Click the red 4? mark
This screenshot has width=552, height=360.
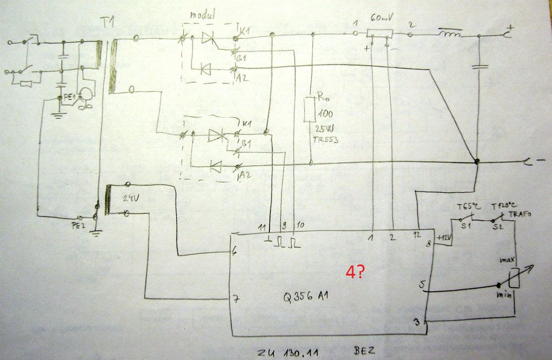pyautogui.click(x=354, y=272)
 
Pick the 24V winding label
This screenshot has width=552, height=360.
pyautogui.click(x=130, y=198)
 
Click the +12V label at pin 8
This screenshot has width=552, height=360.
pyautogui.click(x=444, y=237)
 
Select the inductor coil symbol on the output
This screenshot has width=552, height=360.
pyautogui.click(x=450, y=36)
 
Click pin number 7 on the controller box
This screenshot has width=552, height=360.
pyautogui.click(x=236, y=299)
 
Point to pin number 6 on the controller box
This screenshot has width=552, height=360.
pyautogui.click(x=235, y=252)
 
